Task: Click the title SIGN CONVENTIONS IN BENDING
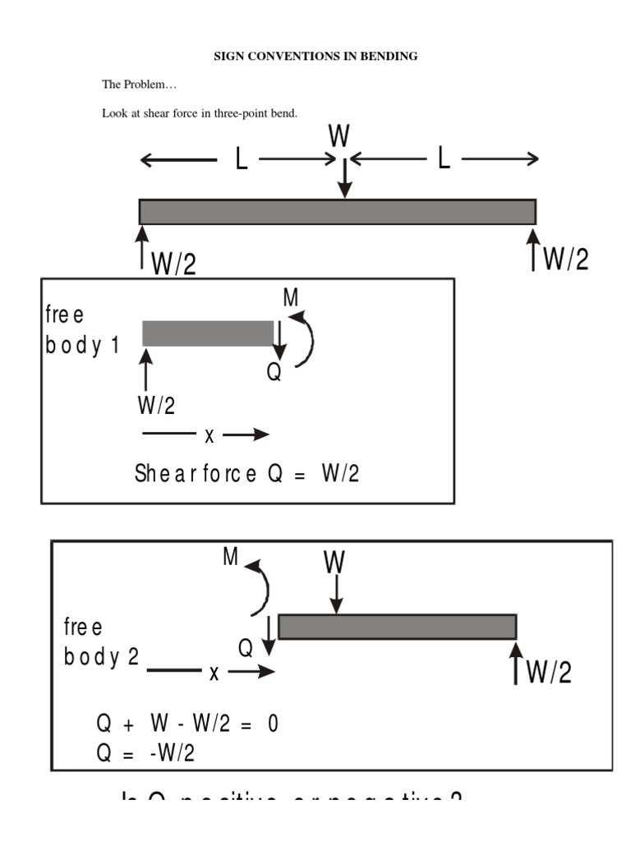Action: pos(315,56)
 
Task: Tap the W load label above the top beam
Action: pos(339,136)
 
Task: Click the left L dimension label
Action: pos(241,159)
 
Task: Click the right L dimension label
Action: pos(444,159)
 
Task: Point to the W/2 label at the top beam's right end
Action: pos(566,260)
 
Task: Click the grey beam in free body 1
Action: pos(207,333)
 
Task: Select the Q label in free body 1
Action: pos(274,373)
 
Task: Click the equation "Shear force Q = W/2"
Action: pos(246,474)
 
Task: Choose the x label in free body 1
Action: pos(209,436)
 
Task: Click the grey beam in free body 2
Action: pos(397,627)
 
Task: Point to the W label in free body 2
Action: pos(334,563)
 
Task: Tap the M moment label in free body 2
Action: pos(230,558)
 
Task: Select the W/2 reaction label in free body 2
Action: pos(548,673)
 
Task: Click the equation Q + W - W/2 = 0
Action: pos(188,725)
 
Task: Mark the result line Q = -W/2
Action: pos(145,753)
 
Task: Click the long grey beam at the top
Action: pos(337,212)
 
